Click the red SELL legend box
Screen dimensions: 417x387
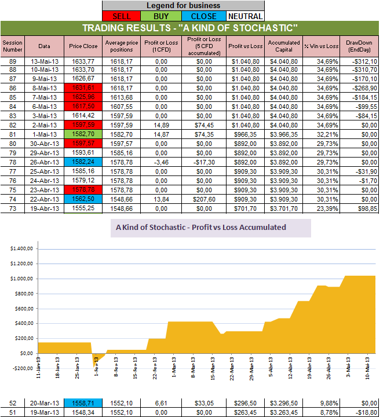tap(123, 16)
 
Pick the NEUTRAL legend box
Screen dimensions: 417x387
tap(244, 16)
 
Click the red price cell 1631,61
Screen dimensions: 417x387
tap(83, 88)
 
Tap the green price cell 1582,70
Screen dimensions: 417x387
tap(83, 134)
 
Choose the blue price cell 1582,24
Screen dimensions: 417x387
tap(83, 162)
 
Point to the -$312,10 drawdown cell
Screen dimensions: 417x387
tap(362, 60)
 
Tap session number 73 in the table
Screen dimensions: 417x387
tap(12, 209)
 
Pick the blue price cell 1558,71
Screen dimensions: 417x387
tap(83, 403)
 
